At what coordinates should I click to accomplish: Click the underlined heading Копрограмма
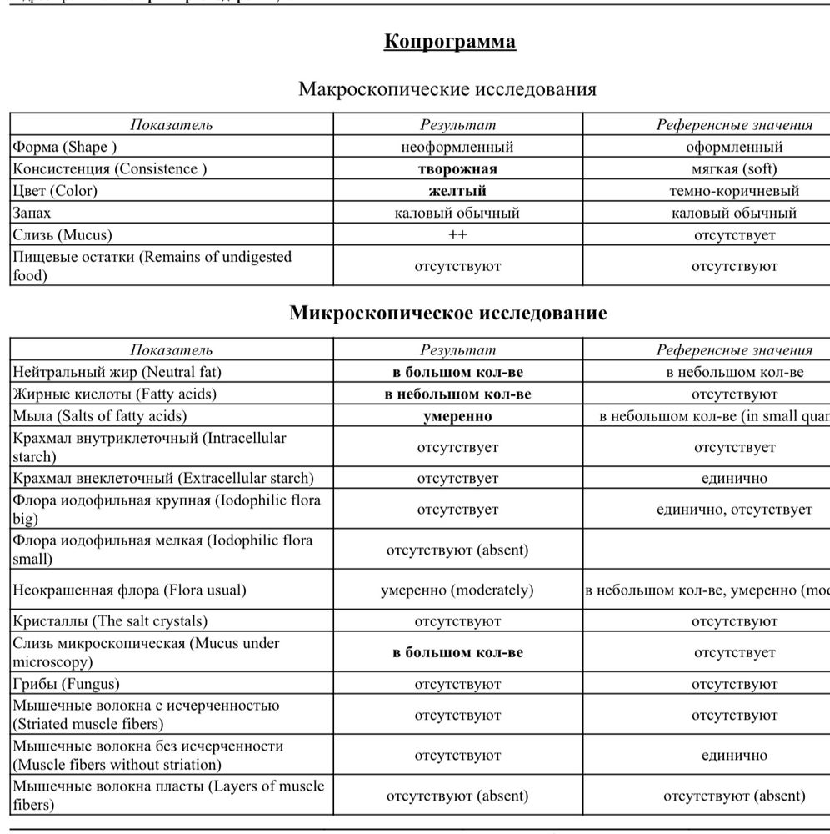[449, 42]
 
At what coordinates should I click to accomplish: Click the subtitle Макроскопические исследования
[447, 89]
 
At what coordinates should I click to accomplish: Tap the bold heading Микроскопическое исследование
[447, 314]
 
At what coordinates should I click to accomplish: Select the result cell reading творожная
[457, 169]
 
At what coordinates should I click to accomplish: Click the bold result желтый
[457, 191]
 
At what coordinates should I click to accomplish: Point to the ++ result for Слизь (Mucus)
[457, 234]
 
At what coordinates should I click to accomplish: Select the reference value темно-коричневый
[734, 191]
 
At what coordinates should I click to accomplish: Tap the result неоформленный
[457, 148]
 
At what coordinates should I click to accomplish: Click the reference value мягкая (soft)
[734, 169]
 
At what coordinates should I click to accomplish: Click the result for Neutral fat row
[457, 372]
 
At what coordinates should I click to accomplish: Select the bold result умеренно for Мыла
[457, 415]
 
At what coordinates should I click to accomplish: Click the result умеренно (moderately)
[457, 590]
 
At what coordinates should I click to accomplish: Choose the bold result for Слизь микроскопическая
[457, 652]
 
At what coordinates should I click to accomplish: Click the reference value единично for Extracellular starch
[734, 478]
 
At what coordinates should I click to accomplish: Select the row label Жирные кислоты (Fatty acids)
[114, 394]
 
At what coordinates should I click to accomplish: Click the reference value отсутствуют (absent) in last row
[734, 796]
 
